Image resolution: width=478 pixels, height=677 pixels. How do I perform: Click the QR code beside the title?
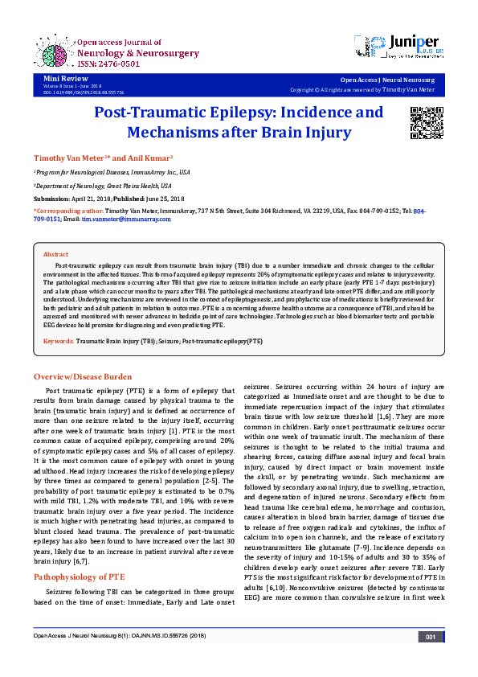pyautogui.click(x=427, y=121)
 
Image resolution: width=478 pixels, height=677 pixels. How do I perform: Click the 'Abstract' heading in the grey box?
pyautogui.click(x=55, y=253)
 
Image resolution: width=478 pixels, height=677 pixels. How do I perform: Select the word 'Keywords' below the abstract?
pyautogui.click(x=59, y=342)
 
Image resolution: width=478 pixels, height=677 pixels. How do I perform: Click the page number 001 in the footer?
pyautogui.click(x=431, y=660)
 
